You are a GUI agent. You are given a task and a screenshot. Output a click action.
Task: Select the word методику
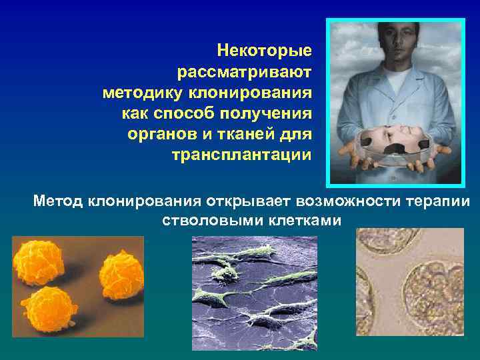142,92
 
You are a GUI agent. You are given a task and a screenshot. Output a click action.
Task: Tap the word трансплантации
241,156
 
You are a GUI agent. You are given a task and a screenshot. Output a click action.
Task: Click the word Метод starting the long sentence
58,201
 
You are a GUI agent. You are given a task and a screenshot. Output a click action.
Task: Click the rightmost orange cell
122,273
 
